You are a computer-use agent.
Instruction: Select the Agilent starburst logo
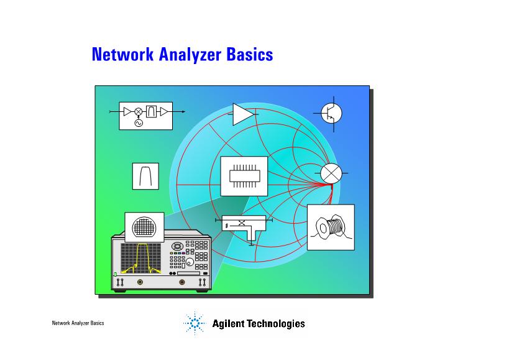pos(195,323)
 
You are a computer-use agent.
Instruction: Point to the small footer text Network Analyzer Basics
pos(78,323)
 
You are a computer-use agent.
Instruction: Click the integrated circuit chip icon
pos(244,176)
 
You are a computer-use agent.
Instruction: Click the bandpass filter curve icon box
pos(145,175)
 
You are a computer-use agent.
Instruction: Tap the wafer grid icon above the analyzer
pos(144,227)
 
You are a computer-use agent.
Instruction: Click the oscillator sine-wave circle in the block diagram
pos(138,123)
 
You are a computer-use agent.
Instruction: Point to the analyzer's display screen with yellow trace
pos(140,258)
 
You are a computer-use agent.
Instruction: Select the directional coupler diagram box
pos(244,225)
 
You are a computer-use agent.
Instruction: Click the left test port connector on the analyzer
pos(140,282)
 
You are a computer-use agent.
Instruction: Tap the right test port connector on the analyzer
pos(181,282)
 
